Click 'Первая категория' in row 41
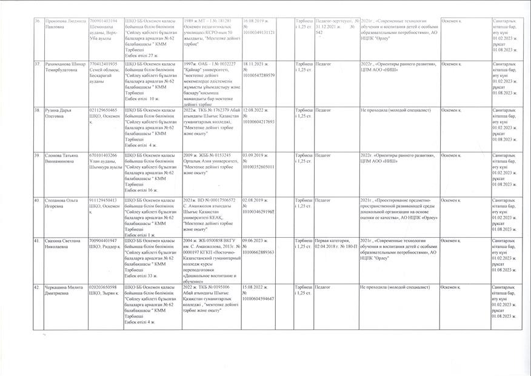coord(330,241)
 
